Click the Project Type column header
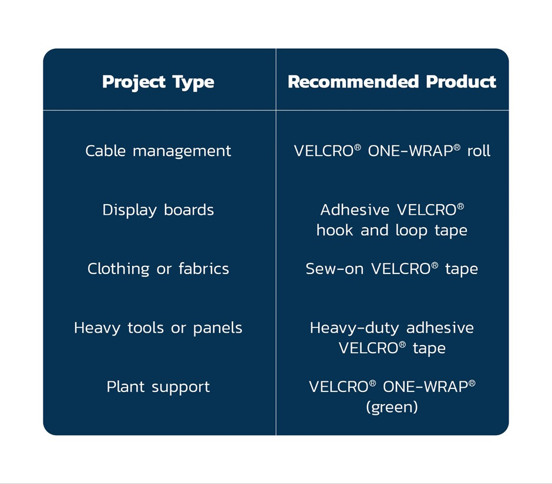click(158, 82)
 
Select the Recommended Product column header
click(392, 82)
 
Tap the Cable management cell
click(158, 151)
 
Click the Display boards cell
click(158, 211)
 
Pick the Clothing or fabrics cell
click(158, 269)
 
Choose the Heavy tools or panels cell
click(158, 328)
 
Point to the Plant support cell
click(158, 387)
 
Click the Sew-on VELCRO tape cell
click(392, 269)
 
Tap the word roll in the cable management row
click(479, 151)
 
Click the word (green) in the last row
click(392, 407)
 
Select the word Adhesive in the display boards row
click(355, 210)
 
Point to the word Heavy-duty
click(354, 328)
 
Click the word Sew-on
click(335, 269)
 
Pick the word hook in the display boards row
click(335, 231)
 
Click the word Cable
click(106, 151)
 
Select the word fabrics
click(204, 269)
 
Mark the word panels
click(218, 329)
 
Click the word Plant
click(126, 387)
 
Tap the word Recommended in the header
click(353, 82)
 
